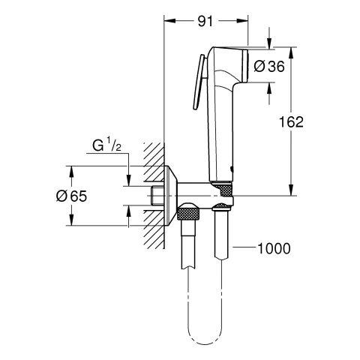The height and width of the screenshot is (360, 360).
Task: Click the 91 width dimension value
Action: point(205,23)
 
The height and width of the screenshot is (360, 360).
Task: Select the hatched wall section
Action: point(152,195)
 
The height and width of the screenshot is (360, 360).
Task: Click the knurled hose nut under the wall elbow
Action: point(189,217)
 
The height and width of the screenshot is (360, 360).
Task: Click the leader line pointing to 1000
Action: point(244,247)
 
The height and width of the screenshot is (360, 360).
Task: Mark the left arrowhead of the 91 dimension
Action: point(168,23)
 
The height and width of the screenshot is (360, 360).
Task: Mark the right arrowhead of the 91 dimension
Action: point(244,23)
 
